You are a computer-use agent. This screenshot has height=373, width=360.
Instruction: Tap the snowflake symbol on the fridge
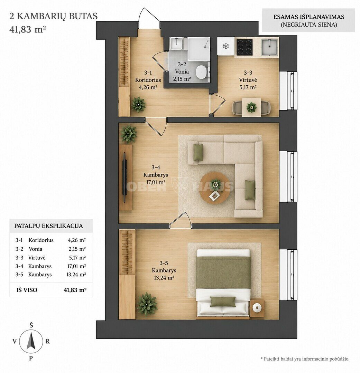(x=225, y=46)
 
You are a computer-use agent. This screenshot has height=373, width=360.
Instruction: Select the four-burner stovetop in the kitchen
(x=244, y=47)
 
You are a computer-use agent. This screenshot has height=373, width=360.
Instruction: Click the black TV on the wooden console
(x=124, y=178)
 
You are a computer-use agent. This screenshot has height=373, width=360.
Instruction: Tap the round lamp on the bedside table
(x=257, y=308)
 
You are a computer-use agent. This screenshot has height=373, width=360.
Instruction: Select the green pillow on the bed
(x=222, y=302)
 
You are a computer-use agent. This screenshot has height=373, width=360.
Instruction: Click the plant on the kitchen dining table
(x=251, y=107)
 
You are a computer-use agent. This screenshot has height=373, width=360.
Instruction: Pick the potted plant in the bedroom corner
(x=147, y=304)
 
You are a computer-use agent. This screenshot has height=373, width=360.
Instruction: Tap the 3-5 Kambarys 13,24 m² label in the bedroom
(x=164, y=270)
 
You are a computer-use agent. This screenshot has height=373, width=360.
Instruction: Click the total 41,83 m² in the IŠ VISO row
(x=75, y=290)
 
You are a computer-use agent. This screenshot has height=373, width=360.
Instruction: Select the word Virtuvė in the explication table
(x=37, y=258)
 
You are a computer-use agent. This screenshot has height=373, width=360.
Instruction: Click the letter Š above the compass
(x=31, y=325)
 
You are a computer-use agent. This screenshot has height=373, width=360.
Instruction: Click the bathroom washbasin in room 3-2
(x=177, y=43)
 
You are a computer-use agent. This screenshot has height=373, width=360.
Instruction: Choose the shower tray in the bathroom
(x=199, y=49)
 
